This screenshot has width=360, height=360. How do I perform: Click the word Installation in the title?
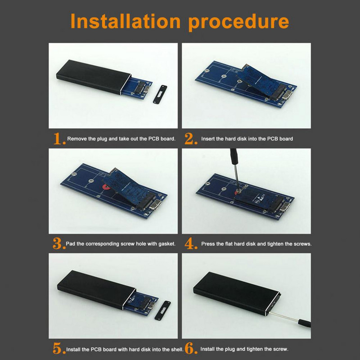click(x=126, y=21)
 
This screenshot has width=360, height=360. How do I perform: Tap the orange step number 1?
click(x=59, y=139)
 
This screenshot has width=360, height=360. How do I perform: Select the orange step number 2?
click(x=190, y=139)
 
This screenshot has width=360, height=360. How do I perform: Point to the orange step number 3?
click(x=59, y=243)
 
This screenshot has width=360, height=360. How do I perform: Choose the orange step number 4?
click(x=191, y=243)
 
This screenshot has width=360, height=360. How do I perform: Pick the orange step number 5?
click(x=59, y=348)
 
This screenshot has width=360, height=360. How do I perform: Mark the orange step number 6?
click(x=191, y=348)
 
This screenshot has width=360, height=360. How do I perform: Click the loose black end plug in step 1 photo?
click(x=160, y=94)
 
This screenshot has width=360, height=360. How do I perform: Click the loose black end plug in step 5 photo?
click(x=163, y=310)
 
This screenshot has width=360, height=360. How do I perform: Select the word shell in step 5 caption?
click(x=177, y=350)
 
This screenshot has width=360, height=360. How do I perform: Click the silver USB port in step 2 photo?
click(x=287, y=95)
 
